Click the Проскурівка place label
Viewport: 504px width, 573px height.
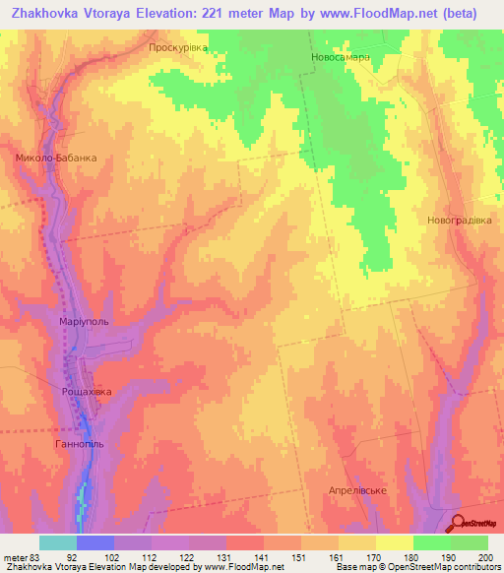(x=178, y=46)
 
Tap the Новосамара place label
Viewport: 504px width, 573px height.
(x=341, y=57)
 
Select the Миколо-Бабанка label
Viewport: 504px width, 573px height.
(x=55, y=157)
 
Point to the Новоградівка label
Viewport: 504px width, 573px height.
(x=459, y=220)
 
